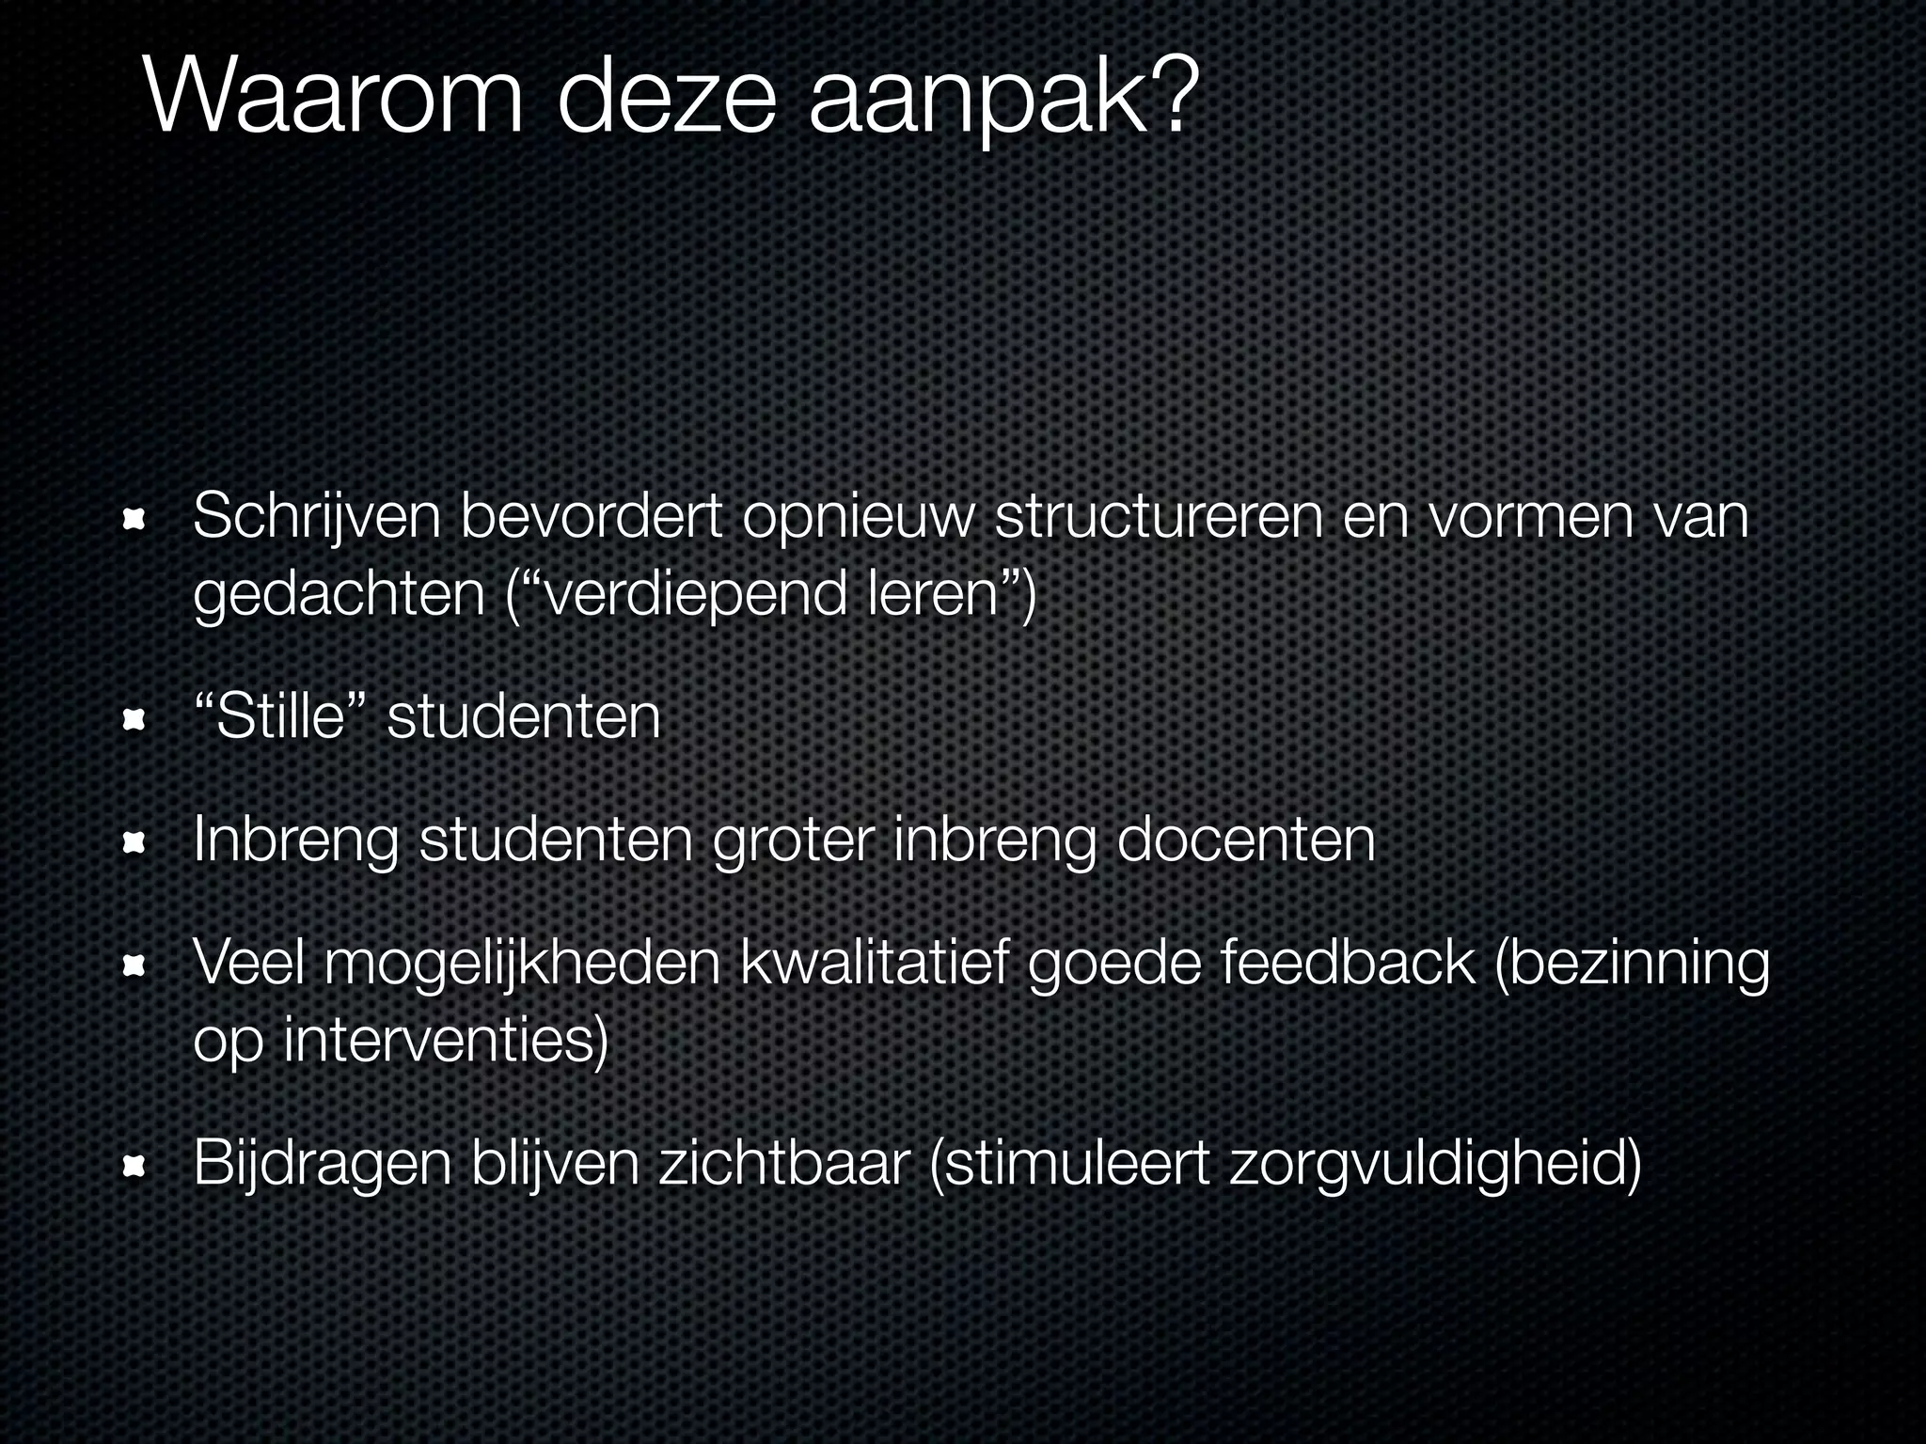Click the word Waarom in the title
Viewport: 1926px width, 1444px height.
[334, 98]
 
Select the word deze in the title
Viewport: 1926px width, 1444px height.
[667, 98]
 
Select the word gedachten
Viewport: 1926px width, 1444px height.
[339, 595]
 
